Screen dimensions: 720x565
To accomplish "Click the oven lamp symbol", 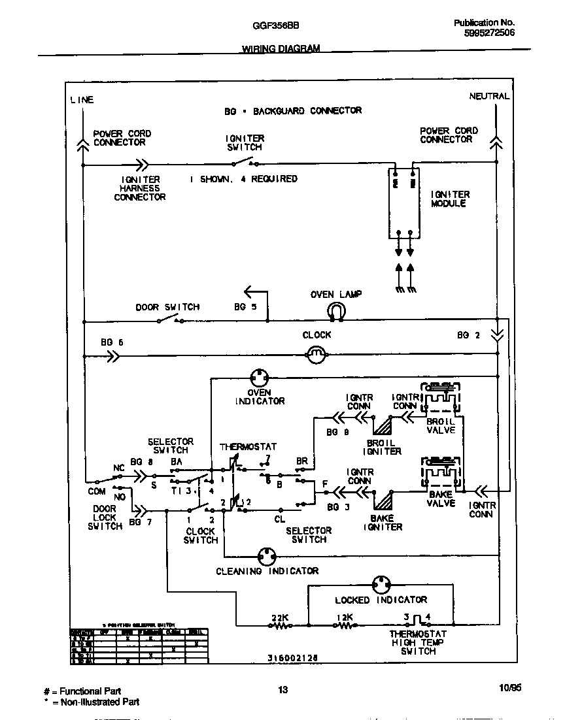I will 336,310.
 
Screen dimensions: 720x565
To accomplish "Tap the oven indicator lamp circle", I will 260,378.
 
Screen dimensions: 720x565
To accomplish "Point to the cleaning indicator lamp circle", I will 266,556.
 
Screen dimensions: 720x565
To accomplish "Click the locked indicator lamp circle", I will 381,584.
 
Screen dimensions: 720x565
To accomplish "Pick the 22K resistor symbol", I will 280,625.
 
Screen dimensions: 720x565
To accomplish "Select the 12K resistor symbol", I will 345,625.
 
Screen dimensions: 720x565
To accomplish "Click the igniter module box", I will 403,201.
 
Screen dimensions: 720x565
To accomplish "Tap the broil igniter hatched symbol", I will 383,427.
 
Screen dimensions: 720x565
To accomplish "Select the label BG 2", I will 468,335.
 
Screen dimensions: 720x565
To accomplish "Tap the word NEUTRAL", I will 489,96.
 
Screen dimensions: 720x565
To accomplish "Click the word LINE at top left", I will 82,100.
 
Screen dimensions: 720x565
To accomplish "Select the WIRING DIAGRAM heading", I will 281,49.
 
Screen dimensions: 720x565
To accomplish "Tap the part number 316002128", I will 293,659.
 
